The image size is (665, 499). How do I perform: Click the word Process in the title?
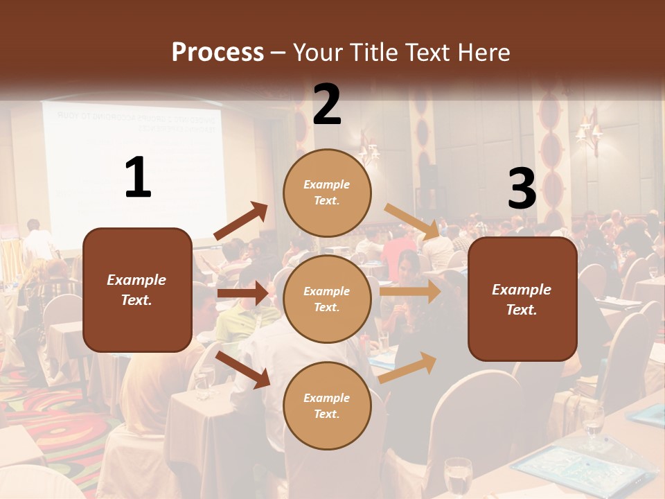pos(218,53)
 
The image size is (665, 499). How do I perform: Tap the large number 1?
pos(138,178)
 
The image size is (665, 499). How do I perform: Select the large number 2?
pos(327,105)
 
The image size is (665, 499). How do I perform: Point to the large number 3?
pos(522,189)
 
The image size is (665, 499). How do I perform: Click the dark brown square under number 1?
pos(137,290)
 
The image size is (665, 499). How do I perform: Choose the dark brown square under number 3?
pos(522,299)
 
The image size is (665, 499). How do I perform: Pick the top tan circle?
pos(327,192)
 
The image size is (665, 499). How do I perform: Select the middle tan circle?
pos(327,299)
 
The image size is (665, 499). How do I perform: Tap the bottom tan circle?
pos(327,405)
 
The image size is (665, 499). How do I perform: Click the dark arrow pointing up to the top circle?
pos(240,221)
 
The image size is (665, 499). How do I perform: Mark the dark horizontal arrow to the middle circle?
pos(242,293)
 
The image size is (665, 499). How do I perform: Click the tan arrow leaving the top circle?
pos(411,221)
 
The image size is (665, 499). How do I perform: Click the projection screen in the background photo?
pos(132,170)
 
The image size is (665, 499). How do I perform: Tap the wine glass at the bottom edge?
pos(457,478)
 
